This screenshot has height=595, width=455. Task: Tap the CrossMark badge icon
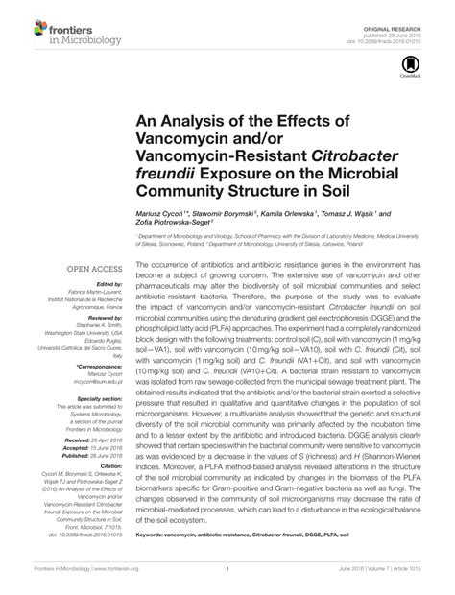point(409,57)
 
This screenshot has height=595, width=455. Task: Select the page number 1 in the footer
point(227,583)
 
